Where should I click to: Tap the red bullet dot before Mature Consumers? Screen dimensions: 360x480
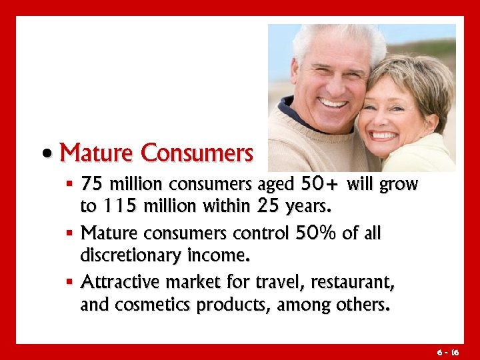coord(47,155)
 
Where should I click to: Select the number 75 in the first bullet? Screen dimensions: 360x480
coord(91,183)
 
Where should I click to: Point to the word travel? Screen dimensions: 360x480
coord(276,283)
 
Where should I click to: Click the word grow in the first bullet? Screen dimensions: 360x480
coord(398,184)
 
